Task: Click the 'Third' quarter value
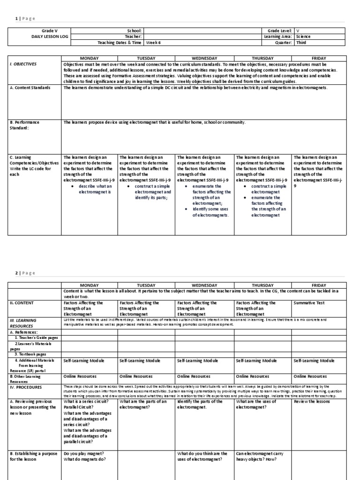301,42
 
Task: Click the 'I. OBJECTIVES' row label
23,64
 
